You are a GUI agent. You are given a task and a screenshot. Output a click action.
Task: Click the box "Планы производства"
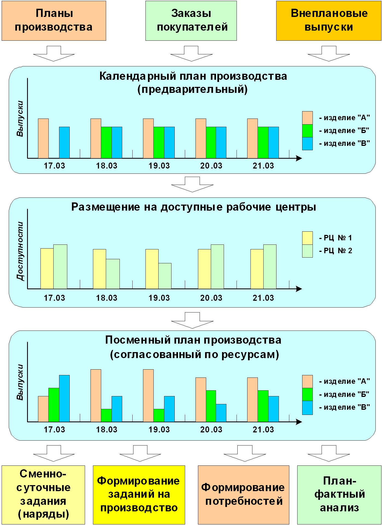54,21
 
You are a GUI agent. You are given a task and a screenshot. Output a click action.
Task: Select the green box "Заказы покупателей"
191,21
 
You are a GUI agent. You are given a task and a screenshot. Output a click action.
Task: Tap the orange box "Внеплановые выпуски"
329,21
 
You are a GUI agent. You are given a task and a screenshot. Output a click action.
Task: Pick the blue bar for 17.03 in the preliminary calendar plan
64,142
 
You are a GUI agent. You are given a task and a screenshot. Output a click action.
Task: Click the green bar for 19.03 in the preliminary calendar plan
159,142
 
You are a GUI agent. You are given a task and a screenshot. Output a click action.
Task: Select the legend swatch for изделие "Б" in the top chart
307,131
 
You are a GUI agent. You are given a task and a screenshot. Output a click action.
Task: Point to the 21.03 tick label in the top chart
263,166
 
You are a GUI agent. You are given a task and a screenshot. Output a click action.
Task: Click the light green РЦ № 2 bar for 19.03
165,276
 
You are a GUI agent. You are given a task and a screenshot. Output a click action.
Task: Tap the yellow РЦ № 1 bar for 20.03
204,269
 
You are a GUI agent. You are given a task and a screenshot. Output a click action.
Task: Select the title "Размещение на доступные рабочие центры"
194,207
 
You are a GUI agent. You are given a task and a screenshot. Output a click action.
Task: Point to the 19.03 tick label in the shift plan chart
159,430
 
